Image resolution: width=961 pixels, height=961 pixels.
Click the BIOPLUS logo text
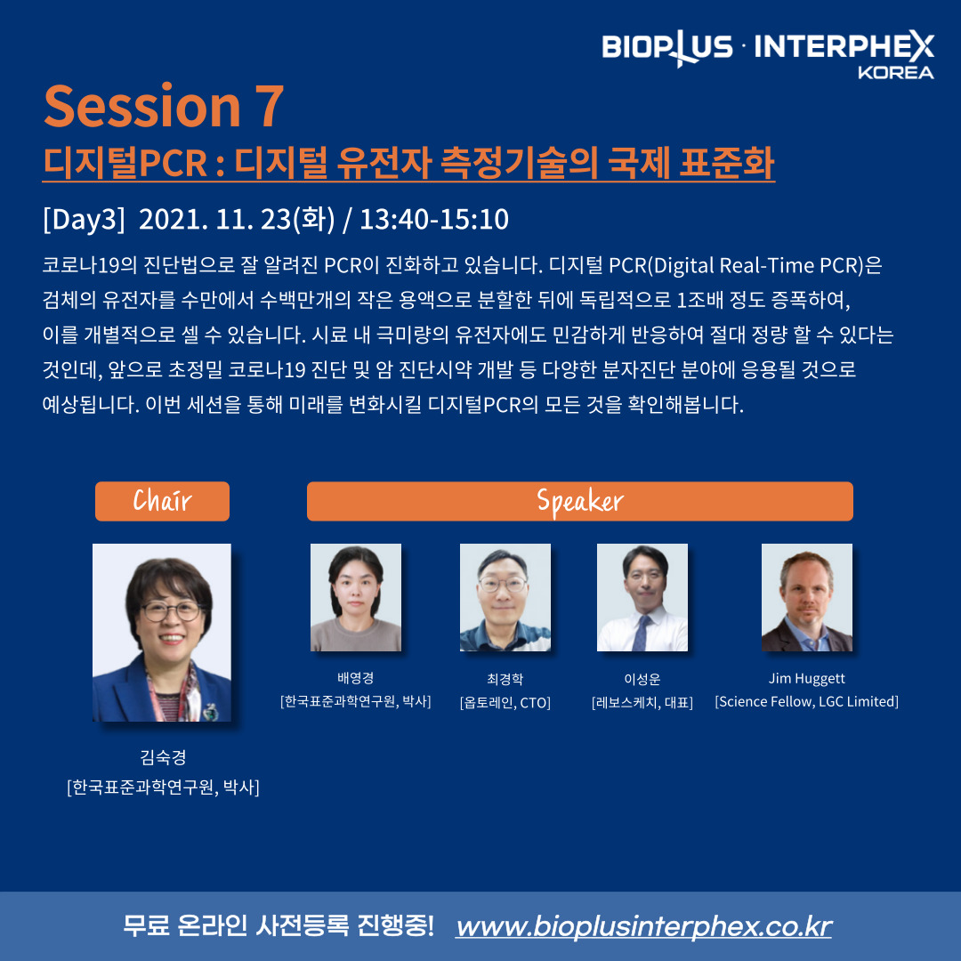coord(666,47)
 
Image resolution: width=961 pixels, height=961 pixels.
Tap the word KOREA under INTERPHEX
coord(895,72)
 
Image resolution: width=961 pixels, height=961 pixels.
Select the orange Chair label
coord(163,501)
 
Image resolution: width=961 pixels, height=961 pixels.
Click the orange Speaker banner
coord(580,501)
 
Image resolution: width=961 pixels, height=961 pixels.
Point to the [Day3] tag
coord(84,220)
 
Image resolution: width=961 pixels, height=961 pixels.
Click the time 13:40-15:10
coord(434,220)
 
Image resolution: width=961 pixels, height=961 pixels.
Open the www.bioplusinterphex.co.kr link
coord(643,926)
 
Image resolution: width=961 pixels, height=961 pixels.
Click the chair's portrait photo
coord(162,633)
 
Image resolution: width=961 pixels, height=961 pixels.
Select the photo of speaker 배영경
coord(356,598)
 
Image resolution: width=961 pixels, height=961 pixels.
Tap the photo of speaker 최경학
coord(505,598)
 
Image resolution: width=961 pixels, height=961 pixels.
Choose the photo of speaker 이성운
coord(642,598)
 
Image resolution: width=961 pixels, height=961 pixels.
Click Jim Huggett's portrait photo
coord(806,598)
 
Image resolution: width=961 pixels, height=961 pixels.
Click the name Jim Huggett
coord(806,678)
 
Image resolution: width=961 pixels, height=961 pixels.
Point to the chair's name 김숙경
coord(163,757)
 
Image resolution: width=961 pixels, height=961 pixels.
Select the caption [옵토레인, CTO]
coord(505,702)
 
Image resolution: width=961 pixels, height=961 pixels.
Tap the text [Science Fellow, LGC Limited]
coord(806,702)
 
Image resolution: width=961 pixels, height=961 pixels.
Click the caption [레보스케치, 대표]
coord(642,702)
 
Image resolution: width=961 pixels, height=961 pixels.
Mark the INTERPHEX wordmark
coord(844,46)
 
